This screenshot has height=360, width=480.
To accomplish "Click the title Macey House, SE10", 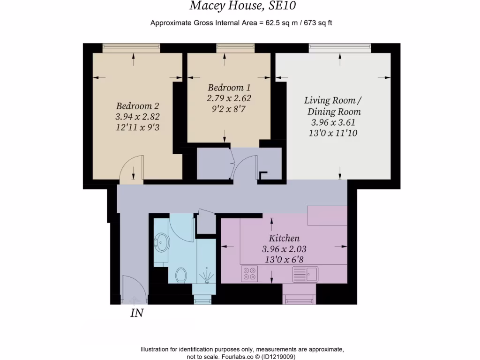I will (x=243, y=6).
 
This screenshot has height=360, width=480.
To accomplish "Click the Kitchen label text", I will (x=284, y=238).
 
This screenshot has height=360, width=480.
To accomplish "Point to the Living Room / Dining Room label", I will (x=333, y=106).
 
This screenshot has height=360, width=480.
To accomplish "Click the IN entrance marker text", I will (x=136, y=313).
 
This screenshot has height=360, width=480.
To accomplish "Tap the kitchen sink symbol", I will (x=305, y=273).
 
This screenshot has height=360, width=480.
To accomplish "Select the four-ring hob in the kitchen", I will (x=249, y=274).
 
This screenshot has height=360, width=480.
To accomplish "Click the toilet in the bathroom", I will (x=181, y=275).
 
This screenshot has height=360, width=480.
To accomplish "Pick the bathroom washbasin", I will (x=162, y=242).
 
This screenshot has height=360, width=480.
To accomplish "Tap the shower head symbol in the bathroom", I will (x=206, y=277).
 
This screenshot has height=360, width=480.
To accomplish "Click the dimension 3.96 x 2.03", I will (x=284, y=249).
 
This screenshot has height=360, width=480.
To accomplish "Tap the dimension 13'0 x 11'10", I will (x=333, y=133).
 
